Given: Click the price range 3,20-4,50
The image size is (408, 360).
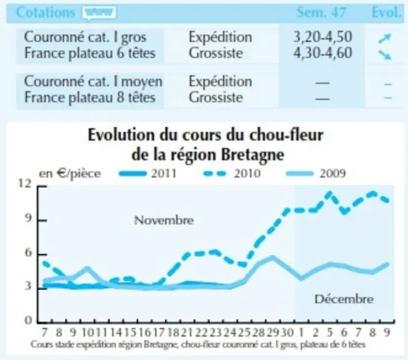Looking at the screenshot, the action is click(x=322, y=37).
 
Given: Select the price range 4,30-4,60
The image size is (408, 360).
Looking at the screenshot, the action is click(x=322, y=53).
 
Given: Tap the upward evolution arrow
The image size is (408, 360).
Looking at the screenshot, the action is click(x=385, y=38).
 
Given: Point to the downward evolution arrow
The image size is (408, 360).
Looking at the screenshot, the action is click(x=385, y=54).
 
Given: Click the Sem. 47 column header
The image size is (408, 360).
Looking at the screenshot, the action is click(x=322, y=12).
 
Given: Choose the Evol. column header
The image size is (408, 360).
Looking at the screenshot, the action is click(x=386, y=12).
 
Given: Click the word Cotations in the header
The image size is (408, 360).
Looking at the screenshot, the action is click(x=46, y=12).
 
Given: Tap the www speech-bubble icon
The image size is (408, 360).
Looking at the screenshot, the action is click(x=99, y=12).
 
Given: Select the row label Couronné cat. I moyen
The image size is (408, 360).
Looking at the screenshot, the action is click(x=93, y=82).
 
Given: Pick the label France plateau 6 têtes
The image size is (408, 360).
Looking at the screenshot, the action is click(x=90, y=53).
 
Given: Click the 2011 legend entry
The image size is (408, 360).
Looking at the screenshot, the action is click(x=147, y=173).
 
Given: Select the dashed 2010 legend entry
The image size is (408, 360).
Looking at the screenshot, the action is click(x=231, y=173).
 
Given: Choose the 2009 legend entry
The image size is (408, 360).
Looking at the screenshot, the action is click(x=316, y=173).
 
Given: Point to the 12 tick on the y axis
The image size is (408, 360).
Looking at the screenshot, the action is click(x=24, y=184).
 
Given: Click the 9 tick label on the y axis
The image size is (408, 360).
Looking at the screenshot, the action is click(x=28, y=218).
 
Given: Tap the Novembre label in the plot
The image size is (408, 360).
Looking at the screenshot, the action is click(x=164, y=221).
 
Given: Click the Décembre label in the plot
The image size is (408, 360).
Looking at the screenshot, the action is click(x=344, y=299).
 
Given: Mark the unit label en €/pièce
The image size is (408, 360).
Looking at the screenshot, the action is click(x=70, y=174).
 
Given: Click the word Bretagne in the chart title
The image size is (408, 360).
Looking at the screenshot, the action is click(x=252, y=156).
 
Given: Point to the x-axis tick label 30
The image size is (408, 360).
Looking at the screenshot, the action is click(x=287, y=332).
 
